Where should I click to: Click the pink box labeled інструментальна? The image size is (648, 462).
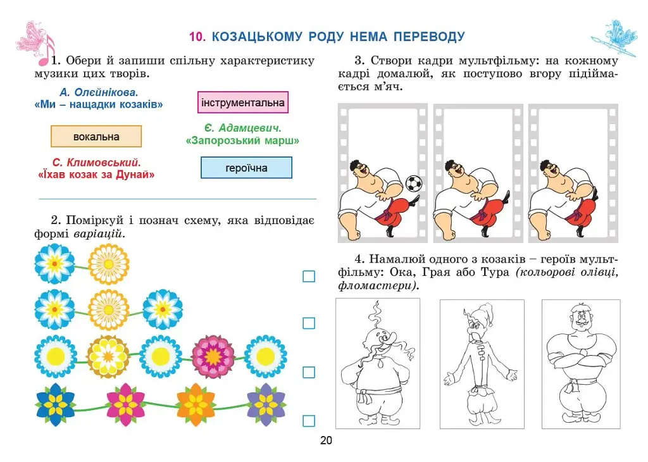coord(243,103)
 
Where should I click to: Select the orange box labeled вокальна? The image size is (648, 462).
coord(96,136)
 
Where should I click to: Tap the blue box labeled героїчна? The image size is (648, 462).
coord(246,168)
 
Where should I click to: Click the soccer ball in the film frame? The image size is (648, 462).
coord(414,183)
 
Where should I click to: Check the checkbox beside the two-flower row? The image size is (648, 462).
coord(309,276)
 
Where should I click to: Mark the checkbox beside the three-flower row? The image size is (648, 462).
coord(309,323)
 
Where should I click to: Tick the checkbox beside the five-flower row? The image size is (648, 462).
coord(309,372)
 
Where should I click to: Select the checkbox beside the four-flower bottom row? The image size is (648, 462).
coord(309,421)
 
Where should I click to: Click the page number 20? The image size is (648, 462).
coord(326,440)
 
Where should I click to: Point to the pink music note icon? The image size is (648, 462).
coord(46,52)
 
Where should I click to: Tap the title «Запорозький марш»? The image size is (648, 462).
coord(242,141)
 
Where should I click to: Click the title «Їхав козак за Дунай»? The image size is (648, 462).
coord(96,175)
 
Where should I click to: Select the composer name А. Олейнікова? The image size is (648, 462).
coord(99,92)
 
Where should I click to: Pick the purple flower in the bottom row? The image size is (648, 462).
coord(266,405)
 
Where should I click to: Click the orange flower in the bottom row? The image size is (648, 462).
coord(196,405)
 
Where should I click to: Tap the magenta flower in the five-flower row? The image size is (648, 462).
coord(213,356)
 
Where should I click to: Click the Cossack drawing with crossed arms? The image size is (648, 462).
coord(581,364)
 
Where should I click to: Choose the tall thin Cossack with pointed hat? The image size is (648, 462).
coord(481,364)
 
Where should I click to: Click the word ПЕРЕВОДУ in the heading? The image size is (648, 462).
coord(429,37)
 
